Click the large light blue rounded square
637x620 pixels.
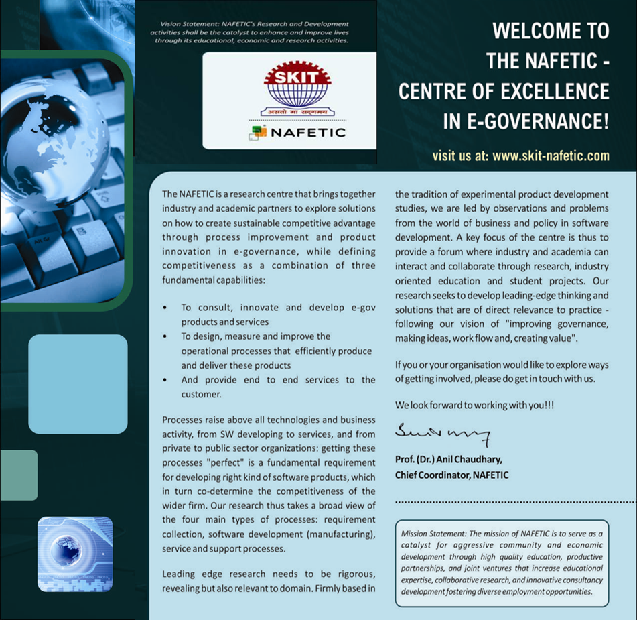pyautogui.click(x=78, y=384)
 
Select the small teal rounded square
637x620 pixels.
pyautogui.click(x=18, y=475)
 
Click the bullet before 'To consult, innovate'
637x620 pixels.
pyautogui.click(x=165, y=308)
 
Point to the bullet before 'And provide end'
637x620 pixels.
pyautogui.click(x=165, y=381)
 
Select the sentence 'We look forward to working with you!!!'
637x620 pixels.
pyautogui.click(x=475, y=406)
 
